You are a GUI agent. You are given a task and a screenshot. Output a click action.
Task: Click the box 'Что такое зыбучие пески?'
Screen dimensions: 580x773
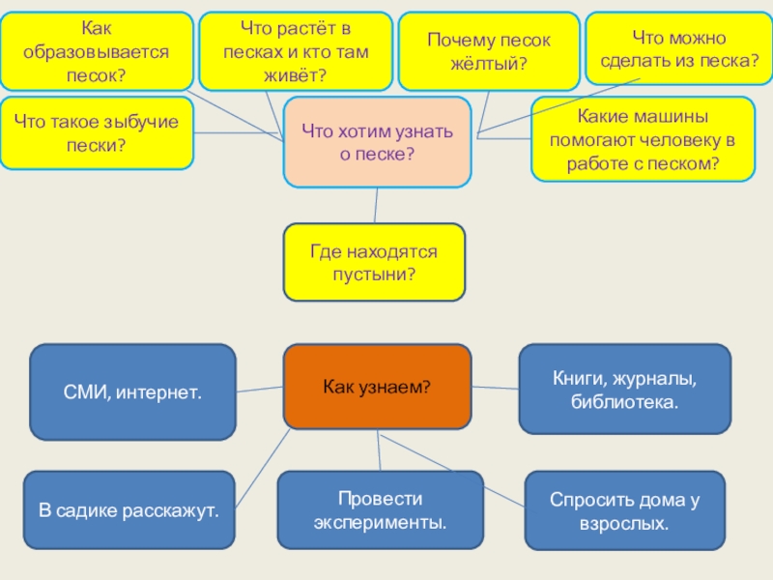(x=97, y=132)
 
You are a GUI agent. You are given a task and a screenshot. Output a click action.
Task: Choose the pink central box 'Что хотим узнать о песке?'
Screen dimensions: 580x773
(x=377, y=141)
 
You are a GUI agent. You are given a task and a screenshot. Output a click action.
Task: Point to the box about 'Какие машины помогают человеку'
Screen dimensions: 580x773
(x=643, y=139)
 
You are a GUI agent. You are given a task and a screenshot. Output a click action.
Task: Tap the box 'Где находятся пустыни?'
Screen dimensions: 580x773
(x=374, y=262)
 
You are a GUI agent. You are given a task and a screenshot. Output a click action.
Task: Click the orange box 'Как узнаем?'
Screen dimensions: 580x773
(x=377, y=387)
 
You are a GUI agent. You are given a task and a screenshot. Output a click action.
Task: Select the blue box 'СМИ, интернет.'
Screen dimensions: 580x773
(x=133, y=392)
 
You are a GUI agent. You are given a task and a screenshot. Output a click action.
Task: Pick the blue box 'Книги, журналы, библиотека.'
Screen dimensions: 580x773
(x=624, y=389)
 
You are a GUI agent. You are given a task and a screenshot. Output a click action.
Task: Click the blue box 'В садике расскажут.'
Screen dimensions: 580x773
(x=129, y=508)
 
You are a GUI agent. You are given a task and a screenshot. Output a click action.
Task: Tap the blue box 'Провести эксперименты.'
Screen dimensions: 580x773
(x=381, y=510)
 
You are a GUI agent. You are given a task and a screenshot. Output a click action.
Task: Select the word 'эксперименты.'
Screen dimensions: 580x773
(x=381, y=523)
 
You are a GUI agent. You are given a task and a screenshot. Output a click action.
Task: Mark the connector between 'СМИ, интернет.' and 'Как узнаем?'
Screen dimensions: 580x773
(x=259, y=391)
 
